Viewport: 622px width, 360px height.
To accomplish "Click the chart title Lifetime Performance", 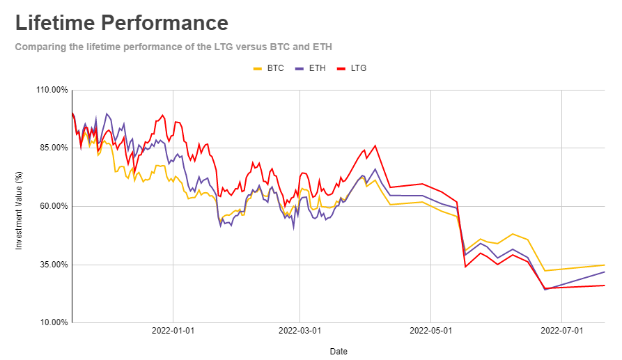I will point(122,22).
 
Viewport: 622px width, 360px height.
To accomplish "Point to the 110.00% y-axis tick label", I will point(52,90).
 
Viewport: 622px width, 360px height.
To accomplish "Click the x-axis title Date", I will point(339,351).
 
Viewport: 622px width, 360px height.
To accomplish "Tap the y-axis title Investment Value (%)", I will point(20,206).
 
